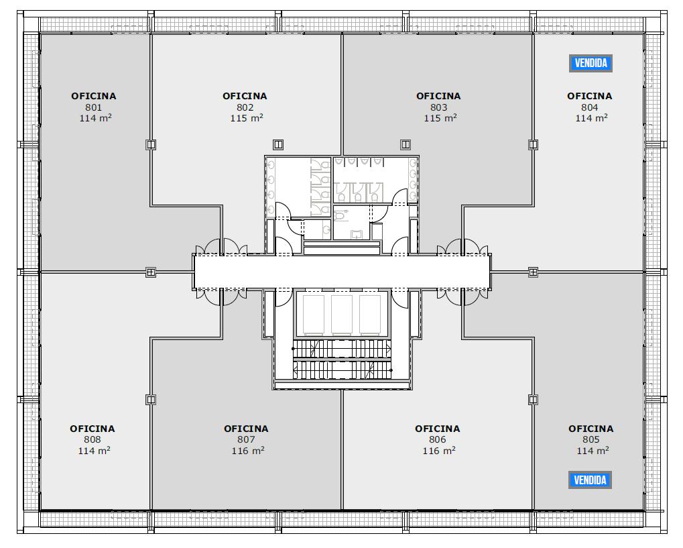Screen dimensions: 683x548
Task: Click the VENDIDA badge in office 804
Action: click(591, 63)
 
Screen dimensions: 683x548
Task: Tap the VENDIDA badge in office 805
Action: click(591, 480)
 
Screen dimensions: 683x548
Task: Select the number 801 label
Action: click(94, 107)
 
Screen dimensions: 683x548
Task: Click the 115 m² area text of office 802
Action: click(247, 118)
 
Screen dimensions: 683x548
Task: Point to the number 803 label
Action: click(438, 107)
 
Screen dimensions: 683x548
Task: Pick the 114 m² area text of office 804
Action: click(592, 118)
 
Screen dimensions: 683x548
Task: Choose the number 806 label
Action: click(437, 439)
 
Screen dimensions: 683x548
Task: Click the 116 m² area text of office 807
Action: click(248, 451)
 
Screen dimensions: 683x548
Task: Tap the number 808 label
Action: click(92, 439)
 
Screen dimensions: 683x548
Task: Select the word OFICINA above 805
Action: click(591, 429)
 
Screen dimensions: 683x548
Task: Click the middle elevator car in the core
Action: click(342, 315)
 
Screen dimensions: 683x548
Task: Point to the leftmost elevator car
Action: click(314, 315)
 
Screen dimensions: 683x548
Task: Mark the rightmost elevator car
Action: click(370, 315)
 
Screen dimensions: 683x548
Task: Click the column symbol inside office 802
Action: click(278, 144)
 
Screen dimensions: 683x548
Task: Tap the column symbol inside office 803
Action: click(406, 144)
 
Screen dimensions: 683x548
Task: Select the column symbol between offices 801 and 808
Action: click(151, 272)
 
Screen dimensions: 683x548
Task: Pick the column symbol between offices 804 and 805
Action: click(533, 272)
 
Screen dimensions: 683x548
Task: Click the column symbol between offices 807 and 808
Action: click(151, 399)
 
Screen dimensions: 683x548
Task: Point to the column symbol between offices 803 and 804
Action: click(533, 144)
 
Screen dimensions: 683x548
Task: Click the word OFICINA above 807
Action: click(246, 429)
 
